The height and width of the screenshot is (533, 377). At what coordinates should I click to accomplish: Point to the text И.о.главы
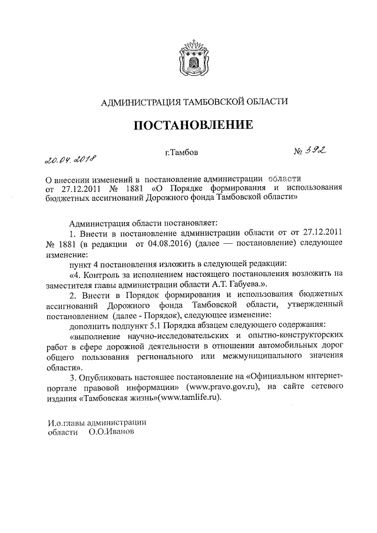tap(66, 422)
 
